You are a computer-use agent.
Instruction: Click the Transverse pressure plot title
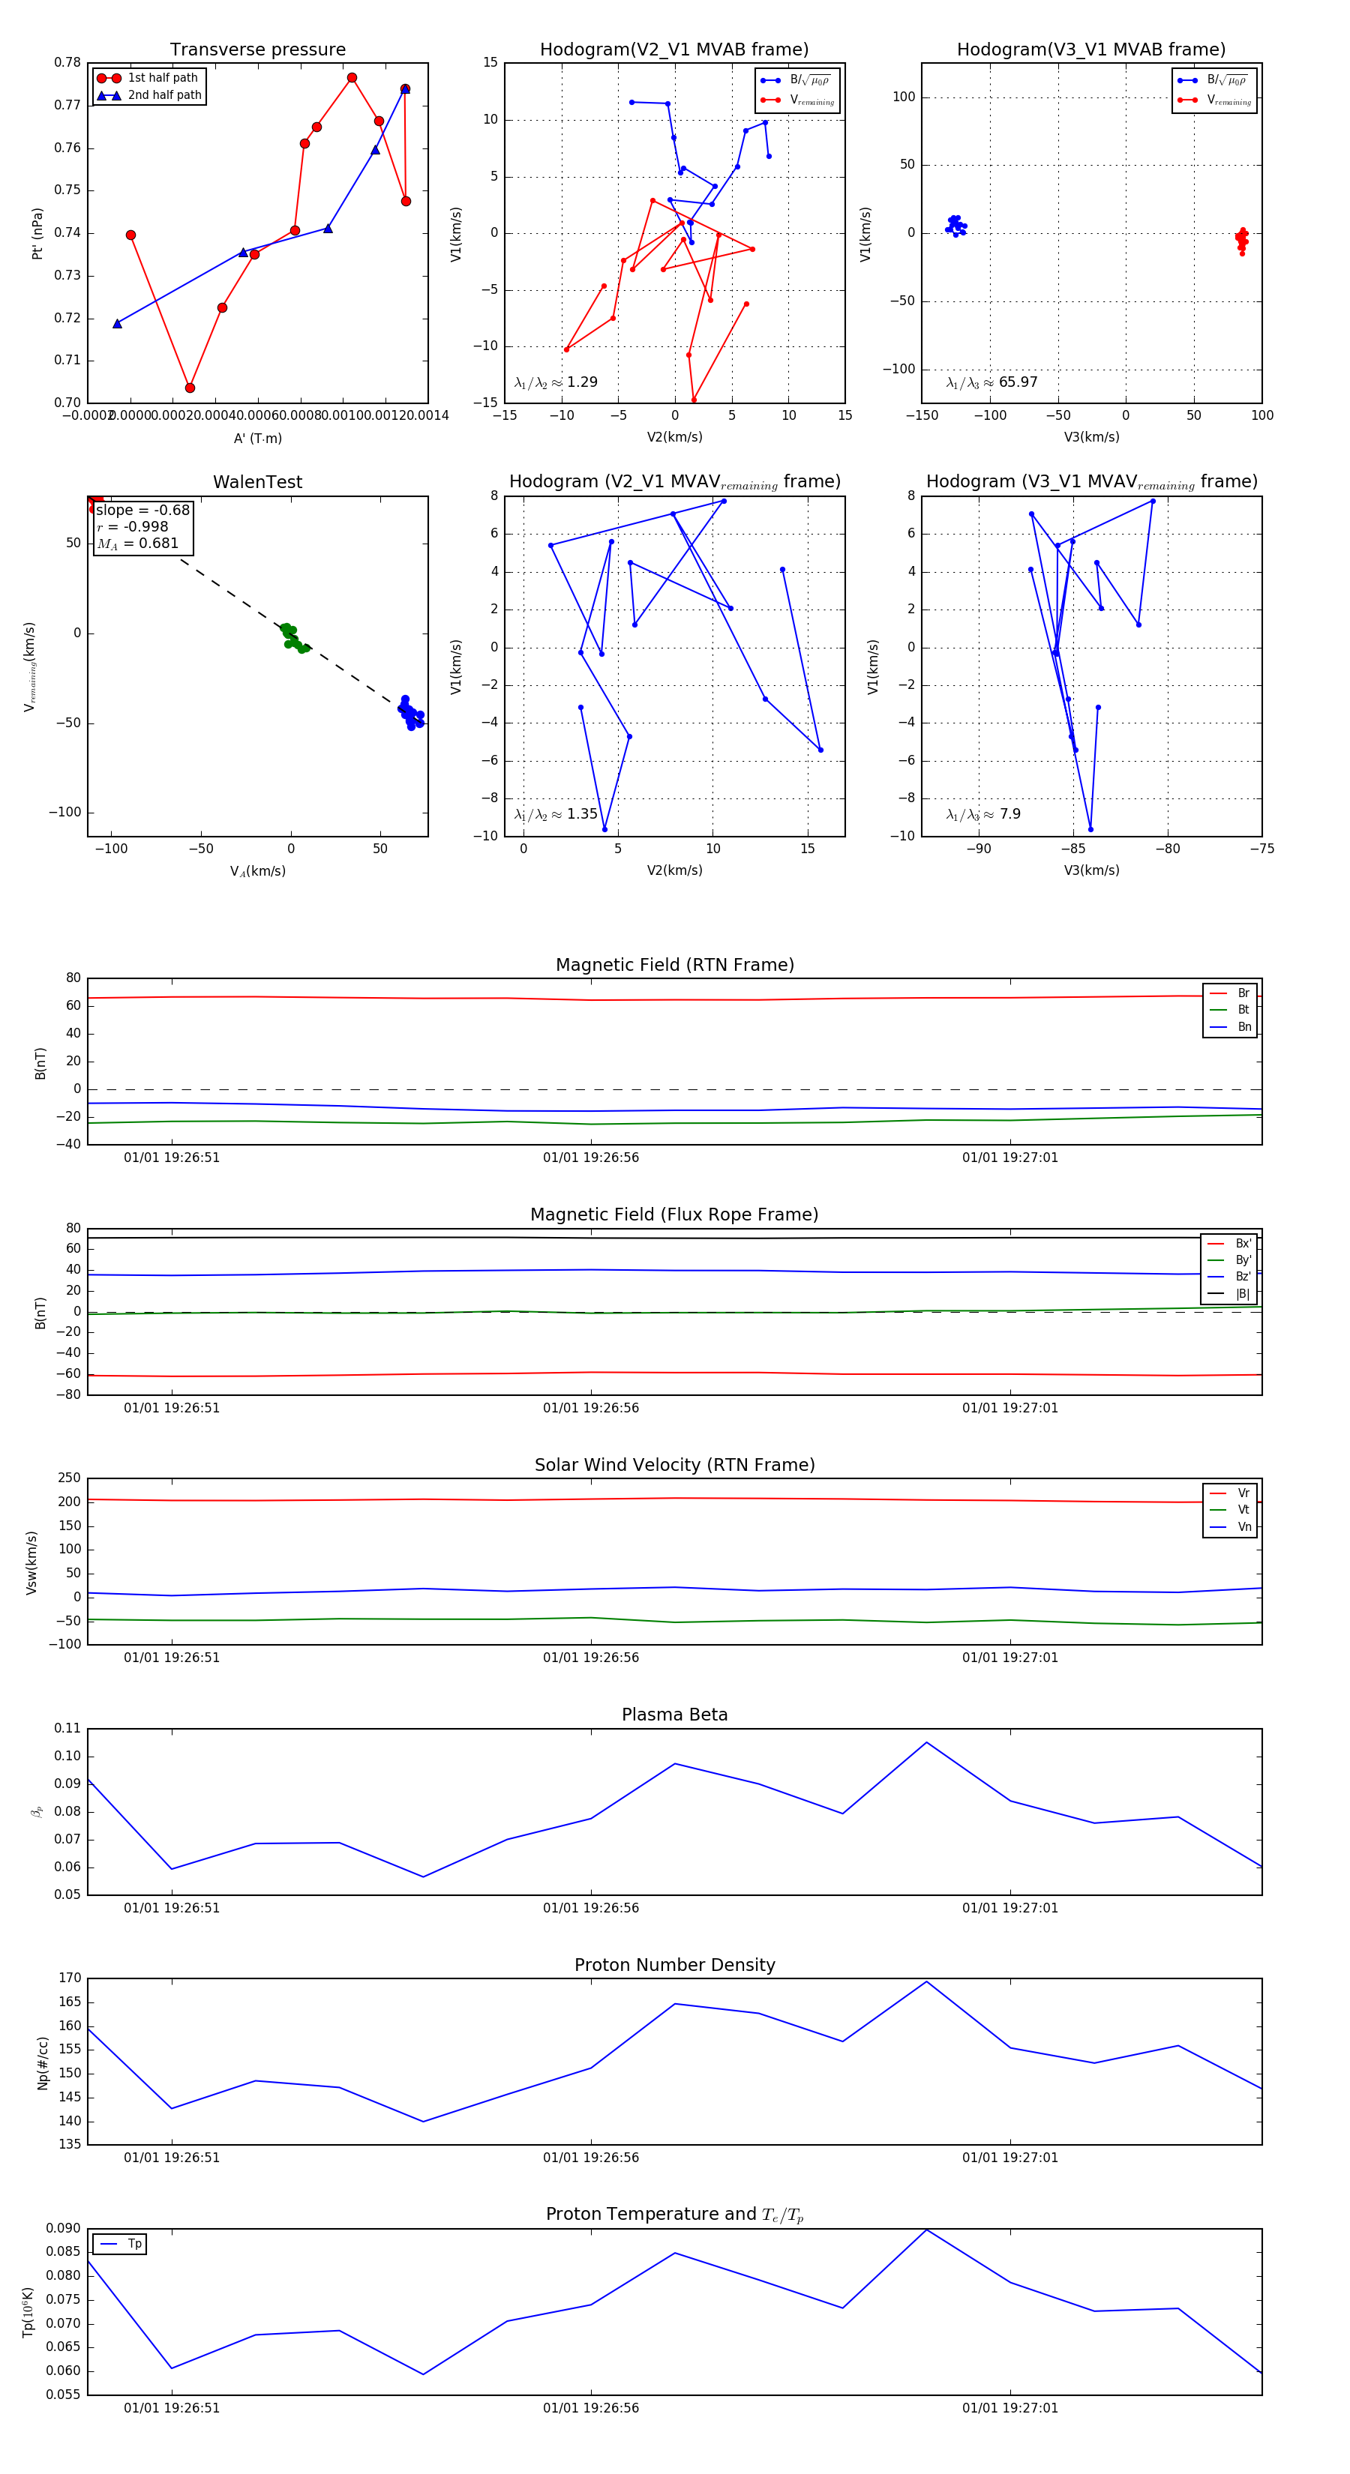tap(257, 50)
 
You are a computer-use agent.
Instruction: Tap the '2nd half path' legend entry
tap(164, 95)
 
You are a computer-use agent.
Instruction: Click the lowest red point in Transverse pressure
tap(190, 388)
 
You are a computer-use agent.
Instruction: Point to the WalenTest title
tap(257, 482)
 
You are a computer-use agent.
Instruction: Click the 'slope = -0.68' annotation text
tap(143, 510)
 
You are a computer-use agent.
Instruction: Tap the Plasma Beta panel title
tap(674, 1715)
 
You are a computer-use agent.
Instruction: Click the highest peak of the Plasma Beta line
tap(926, 1742)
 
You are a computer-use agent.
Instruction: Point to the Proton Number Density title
tap(674, 1965)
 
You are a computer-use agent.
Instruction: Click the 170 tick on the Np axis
tap(69, 1978)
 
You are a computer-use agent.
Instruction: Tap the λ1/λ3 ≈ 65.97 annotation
tap(991, 382)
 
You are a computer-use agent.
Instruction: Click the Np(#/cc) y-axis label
tap(42, 2063)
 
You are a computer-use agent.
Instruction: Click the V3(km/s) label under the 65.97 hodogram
tap(1090, 437)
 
